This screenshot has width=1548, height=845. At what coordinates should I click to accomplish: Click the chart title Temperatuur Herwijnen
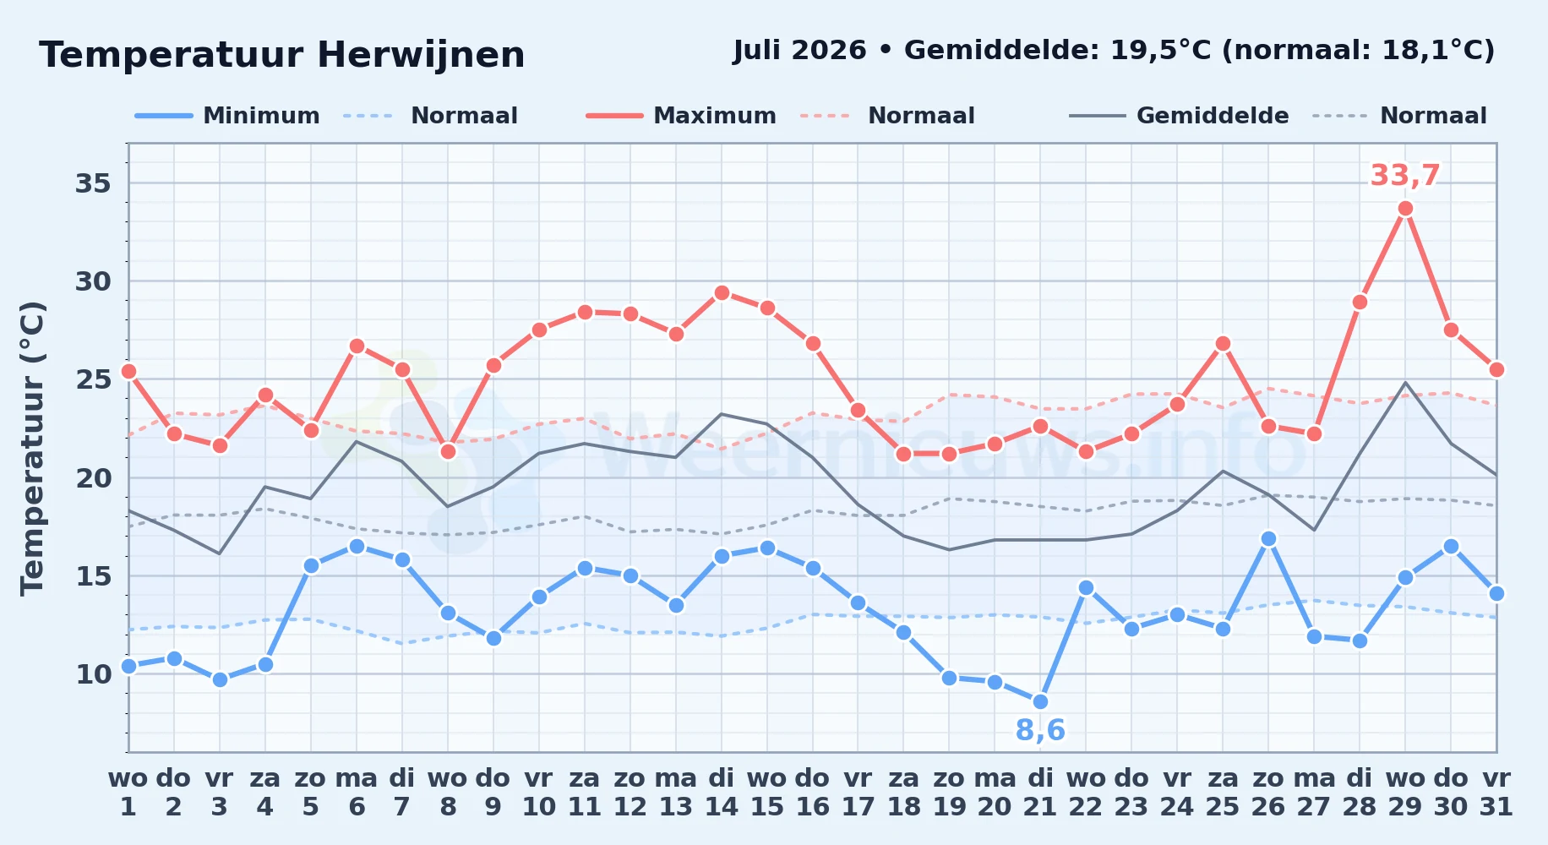(x=282, y=56)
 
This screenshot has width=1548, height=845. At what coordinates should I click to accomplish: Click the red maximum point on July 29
(x=1405, y=209)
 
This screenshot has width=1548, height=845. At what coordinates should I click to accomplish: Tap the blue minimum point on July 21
(x=1040, y=701)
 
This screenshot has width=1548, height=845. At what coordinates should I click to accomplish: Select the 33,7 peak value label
(x=1404, y=176)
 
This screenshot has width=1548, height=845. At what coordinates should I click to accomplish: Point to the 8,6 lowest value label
(x=1040, y=730)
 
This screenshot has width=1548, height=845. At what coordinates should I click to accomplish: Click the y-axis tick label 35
(x=93, y=183)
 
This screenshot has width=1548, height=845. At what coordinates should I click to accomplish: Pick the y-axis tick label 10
(x=93, y=674)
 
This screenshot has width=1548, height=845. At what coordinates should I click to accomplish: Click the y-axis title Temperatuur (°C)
(x=32, y=448)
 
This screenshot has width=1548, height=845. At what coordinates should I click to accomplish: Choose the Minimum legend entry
(x=227, y=116)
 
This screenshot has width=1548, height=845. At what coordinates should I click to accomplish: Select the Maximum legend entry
(x=681, y=116)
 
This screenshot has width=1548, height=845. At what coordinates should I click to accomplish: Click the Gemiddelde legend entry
(x=1180, y=116)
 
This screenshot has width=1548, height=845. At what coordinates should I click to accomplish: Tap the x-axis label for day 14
(x=722, y=793)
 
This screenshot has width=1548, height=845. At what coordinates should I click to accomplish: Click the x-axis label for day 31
(x=1496, y=793)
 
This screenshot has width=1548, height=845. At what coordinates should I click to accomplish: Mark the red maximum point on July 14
(x=722, y=293)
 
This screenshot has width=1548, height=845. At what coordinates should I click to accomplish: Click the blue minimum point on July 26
(x=1268, y=538)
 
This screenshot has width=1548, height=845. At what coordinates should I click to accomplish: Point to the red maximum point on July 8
(x=448, y=451)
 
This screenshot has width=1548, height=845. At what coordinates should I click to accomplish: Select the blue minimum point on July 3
(x=220, y=679)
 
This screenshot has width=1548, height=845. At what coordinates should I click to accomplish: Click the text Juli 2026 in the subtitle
(x=799, y=51)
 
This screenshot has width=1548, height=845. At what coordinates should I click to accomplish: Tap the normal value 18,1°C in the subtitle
(x=1428, y=51)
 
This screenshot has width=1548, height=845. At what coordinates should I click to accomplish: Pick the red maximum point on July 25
(x=1223, y=343)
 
